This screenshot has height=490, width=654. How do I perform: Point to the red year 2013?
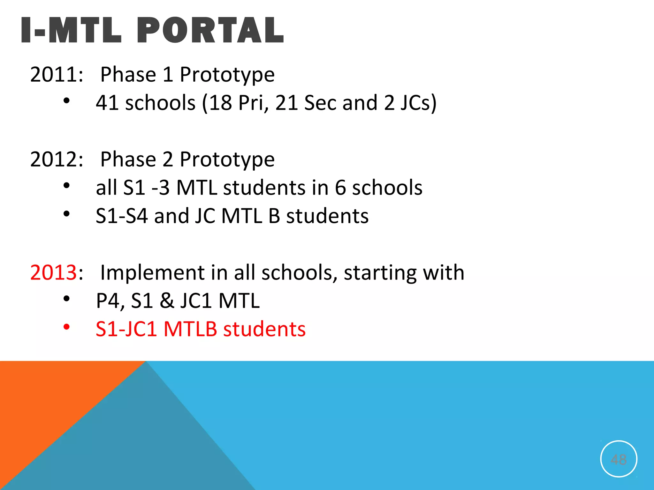pyautogui.click(x=53, y=273)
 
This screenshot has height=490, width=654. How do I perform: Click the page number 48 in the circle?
pyautogui.click(x=619, y=460)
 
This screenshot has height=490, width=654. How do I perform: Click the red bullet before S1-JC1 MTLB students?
pyautogui.click(x=66, y=327)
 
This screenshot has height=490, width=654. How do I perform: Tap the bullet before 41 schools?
pyautogui.click(x=66, y=101)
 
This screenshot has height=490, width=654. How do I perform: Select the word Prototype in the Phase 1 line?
pyautogui.click(x=227, y=75)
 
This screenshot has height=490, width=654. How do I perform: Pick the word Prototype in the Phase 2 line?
pyautogui.click(x=227, y=159)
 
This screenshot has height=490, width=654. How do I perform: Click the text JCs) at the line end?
pyautogui.click(x=418, y=103)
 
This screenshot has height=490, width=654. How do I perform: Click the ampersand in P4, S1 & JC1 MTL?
pyautogui.click(x=167, y=301)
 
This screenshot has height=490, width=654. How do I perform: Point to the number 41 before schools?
pyautogui.click(x=107, y=103)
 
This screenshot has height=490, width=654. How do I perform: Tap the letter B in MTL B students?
pyautogui.click(x=274, y=216)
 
